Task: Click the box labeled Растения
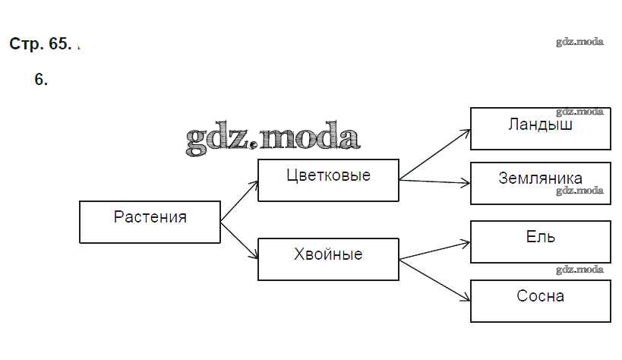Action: pos(150,222)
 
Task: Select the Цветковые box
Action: pos(328,180)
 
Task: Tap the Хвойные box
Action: pos(328,259)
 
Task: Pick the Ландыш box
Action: pos(540,128)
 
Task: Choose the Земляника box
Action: pos(540,183)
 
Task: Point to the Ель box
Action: pos(540,242)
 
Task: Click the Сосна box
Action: pos(540,301)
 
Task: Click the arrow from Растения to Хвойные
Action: pos(239,241)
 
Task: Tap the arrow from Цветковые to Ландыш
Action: pos(434,155)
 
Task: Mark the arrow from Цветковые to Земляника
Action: pos(434,182)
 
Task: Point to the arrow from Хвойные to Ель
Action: pos(434,251)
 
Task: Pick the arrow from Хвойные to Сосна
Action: pos(434,277)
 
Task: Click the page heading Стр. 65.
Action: pos(40,44)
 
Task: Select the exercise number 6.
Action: pos(41,79)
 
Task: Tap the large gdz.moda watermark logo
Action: pos(271,138)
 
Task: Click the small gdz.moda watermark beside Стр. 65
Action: pos(579,42)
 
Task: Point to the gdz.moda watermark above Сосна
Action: pos(579,270)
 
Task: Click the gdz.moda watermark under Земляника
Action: pos(579,191)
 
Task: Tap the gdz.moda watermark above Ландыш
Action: pos(579,112)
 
